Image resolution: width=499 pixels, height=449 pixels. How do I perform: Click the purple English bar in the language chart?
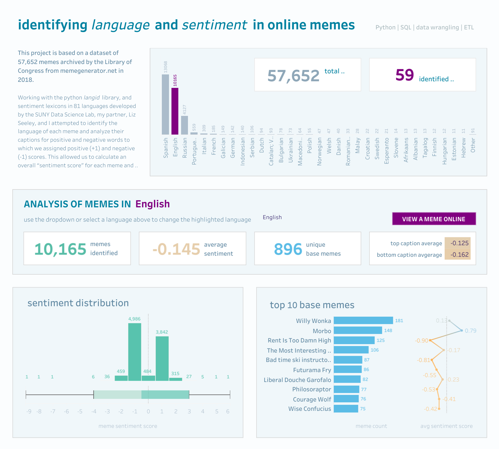click(175, 111)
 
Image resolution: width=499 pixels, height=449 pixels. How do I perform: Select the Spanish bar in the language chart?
click(165, 104)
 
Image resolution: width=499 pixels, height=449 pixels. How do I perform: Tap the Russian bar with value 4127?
click(184, 125)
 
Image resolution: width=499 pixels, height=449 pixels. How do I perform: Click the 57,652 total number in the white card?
click(293, 76)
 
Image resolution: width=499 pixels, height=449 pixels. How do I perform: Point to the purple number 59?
click(404, 75)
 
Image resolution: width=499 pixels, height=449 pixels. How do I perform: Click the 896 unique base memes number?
click(288, 249)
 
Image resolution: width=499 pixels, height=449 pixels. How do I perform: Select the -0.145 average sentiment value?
click(176, 249)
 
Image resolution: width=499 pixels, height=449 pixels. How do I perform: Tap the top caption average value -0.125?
click(459, 243)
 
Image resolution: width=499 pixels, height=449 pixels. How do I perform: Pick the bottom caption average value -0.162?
click(459, 255)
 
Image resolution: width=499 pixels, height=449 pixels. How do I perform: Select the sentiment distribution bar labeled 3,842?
click(162, 358)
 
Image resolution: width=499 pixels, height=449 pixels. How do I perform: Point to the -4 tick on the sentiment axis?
click(94, 411)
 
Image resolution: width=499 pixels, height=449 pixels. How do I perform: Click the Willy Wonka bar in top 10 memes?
click(363, 320)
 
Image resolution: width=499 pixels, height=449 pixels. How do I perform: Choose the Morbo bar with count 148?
click(358, 330)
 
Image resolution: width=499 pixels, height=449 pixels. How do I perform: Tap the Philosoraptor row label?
click(312, 389)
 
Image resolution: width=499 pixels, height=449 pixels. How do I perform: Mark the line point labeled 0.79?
click(462, 330)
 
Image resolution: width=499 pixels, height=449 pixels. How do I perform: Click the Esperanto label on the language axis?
click(387, 151)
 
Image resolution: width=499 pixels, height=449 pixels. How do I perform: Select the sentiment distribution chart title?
click(78, 303)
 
